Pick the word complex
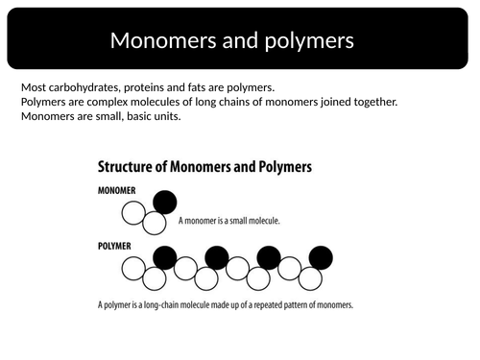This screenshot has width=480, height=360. (112, 102)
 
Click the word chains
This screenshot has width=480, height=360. (243, 102)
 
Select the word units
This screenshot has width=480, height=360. (166, 117)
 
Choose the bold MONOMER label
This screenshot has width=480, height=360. (121, 190)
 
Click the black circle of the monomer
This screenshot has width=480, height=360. (165, 203)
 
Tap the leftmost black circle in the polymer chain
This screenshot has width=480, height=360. (165, 257)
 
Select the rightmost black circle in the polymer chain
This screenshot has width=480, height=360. (321, 257)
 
